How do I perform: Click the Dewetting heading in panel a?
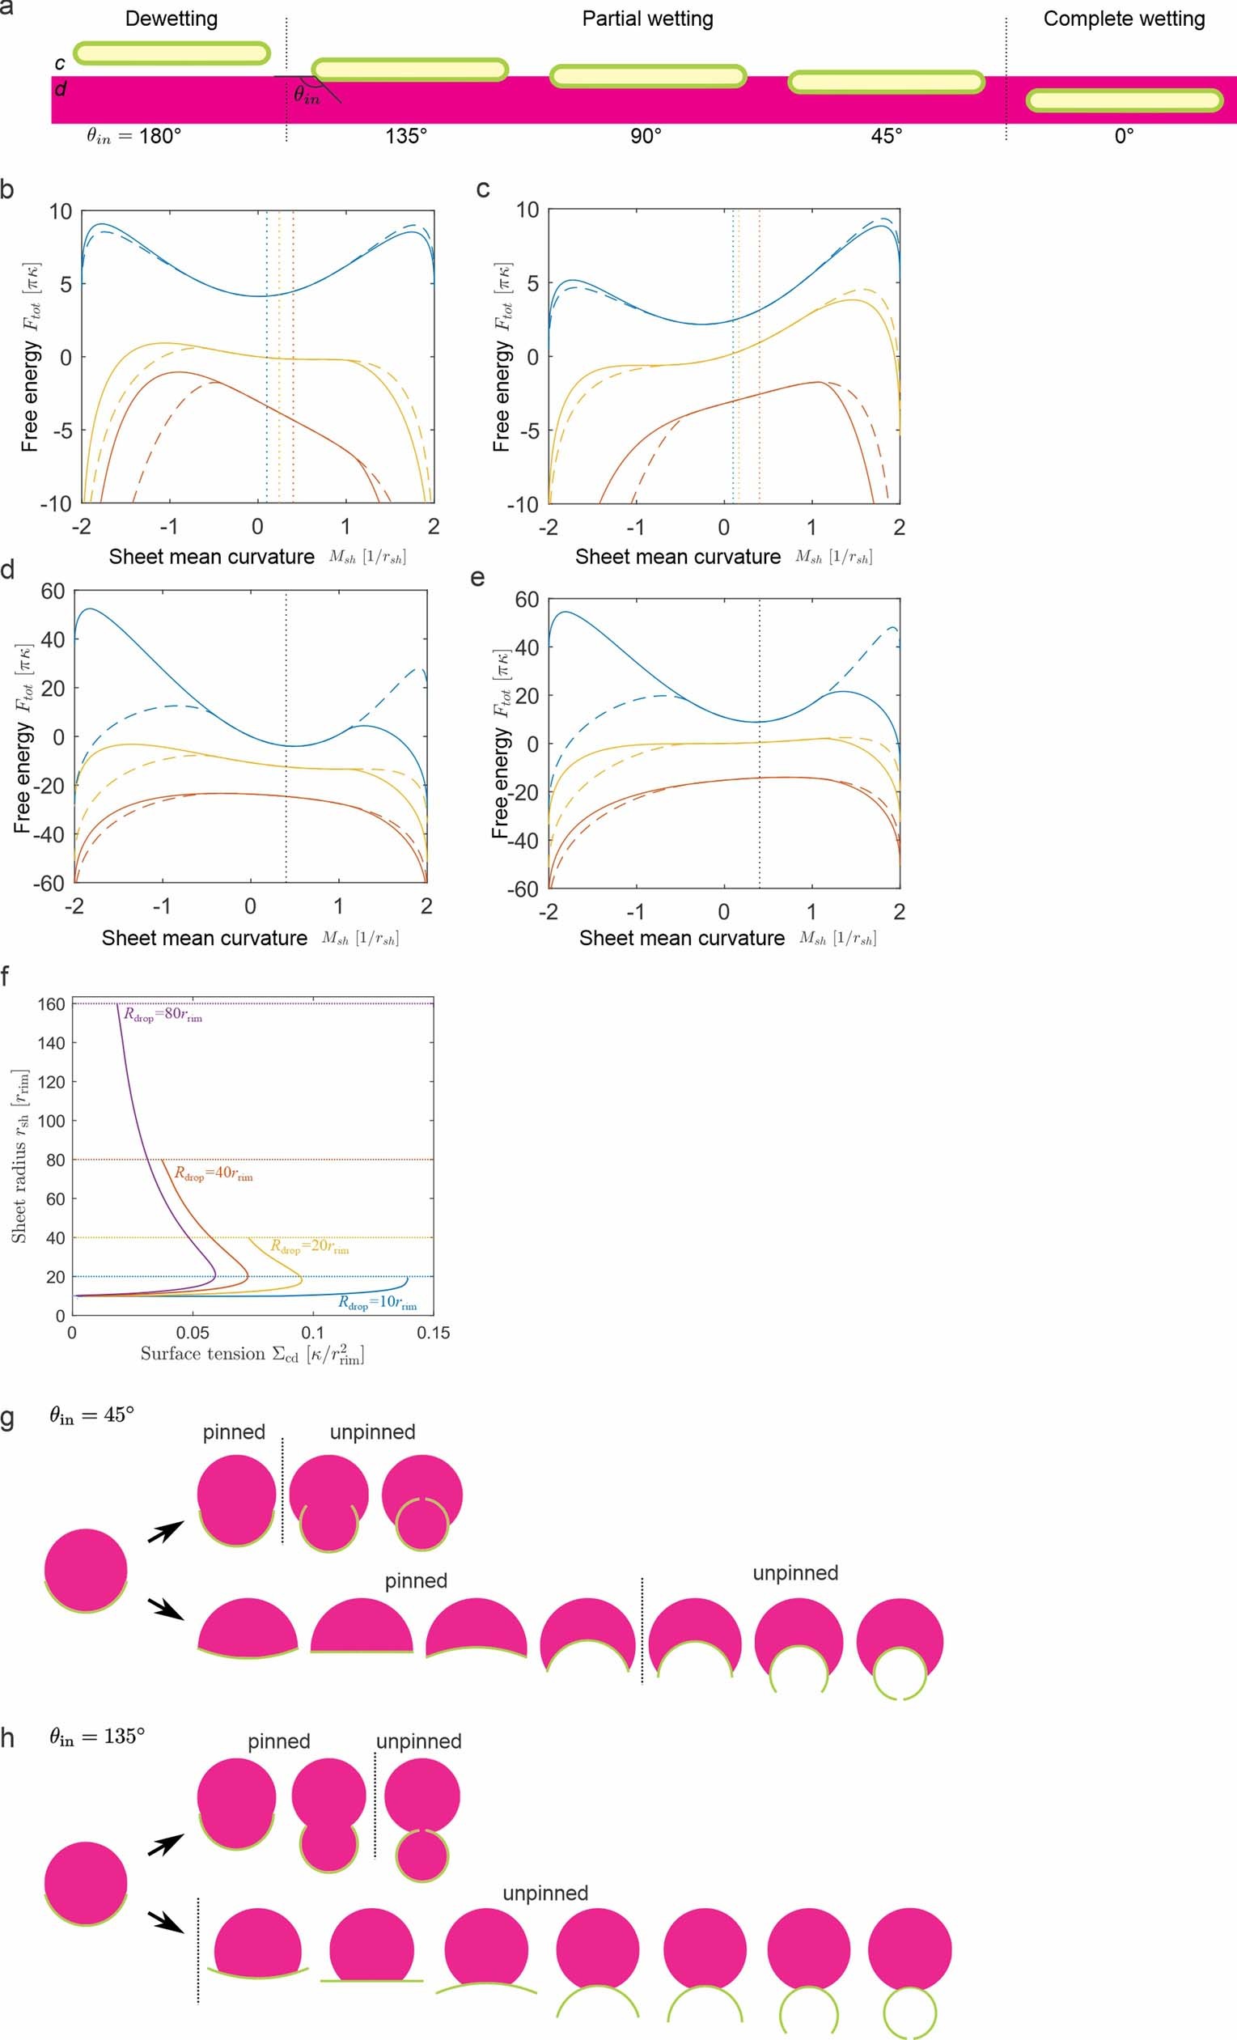coord(172,19)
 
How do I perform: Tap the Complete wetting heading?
coord(1124,19)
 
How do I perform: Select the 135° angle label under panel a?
coord(405,136)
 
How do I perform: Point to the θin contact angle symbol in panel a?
coord(307,95)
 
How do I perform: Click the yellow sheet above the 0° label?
coord(1125,101)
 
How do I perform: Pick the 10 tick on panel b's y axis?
coord(61,211)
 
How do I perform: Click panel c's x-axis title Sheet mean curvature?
coord(677,558)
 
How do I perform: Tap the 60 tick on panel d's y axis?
coord(53,592)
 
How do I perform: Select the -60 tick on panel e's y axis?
coord(523,889)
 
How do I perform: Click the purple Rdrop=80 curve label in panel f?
coord(163,1014)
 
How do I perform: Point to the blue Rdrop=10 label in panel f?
coord(377,1302)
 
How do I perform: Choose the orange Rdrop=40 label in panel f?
coord(213,1173)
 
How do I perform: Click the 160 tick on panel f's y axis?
coord(51,1004)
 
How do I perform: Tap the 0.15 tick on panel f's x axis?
coord(433,1333)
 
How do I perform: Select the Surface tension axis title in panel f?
coord(252,1355)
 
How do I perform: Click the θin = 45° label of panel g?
coord(91,1415)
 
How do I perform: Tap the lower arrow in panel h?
coord(166,1919)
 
